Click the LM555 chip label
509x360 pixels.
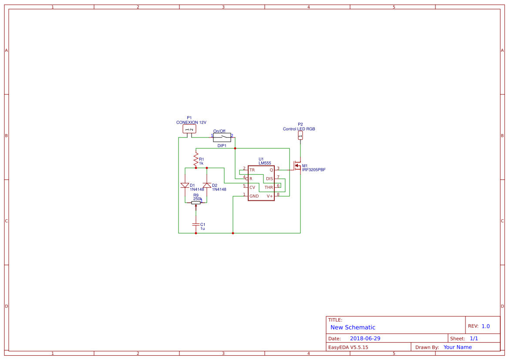[265, 163]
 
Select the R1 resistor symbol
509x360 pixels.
[196, 160]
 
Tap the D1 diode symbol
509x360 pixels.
[185, 185]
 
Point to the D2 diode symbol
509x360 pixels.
[207, 185]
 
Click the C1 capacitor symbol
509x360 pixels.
[196, 224]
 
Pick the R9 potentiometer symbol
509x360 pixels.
[196, 203]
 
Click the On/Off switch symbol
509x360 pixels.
[222, 137]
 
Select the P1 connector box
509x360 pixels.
[189, 129]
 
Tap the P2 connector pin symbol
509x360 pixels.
[300, 135]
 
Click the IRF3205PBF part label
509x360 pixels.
[313, 170]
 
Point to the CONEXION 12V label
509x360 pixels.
[191, 122]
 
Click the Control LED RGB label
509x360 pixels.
[299, 129]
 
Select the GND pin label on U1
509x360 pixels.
[254, 196]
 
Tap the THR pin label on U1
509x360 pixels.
[269, 187]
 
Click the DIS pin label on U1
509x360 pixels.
[270, 178]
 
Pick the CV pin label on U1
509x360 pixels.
[252, 187]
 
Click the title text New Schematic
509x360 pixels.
[353, 327]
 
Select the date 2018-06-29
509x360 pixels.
[365, 338]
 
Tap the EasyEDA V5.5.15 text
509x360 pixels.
[348, 347]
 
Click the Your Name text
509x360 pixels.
[458, 347]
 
